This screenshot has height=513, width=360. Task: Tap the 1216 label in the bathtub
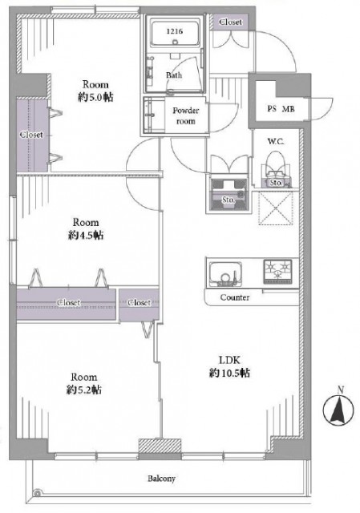coord(174,31)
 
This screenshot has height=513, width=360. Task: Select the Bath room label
coord(174,75)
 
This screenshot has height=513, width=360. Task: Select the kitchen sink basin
coord(227,275)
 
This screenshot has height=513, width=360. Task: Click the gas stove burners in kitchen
coord(277,273)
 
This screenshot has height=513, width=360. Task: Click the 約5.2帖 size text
coord(85,390)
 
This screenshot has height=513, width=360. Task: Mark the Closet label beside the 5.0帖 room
coord(31,135)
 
